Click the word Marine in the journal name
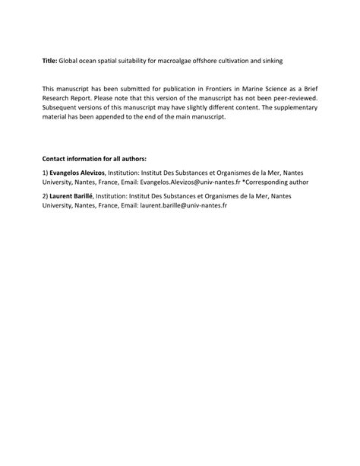click(232, 89)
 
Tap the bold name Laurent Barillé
click(71, 196)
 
